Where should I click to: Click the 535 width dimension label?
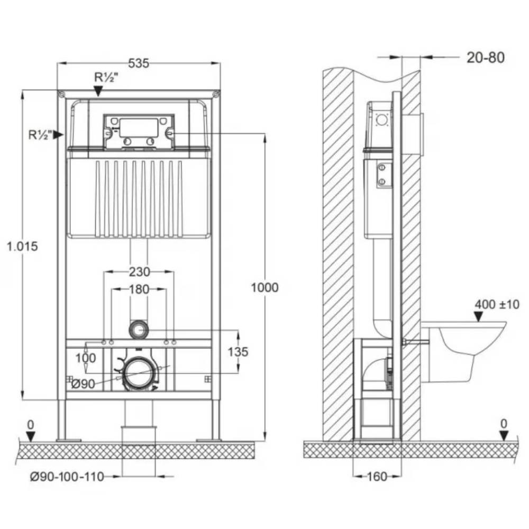tap(139, 63)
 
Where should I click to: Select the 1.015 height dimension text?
tap(22, 246)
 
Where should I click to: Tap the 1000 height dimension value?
tap(264, 287)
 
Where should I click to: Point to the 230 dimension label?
tap(139, 272)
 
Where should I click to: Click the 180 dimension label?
tap(139, 289)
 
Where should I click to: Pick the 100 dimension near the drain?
tap(85, 358)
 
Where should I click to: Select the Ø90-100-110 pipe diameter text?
tap(67, 477)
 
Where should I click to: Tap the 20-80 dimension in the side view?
tap(485, 57)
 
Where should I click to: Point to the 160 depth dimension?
tap(376, 477)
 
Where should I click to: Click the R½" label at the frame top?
tap(106, 77)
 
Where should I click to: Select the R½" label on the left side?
tap(40, 135)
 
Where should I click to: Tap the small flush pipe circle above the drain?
tap(139, 330)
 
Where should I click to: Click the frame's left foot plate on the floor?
tap(69, 439)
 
